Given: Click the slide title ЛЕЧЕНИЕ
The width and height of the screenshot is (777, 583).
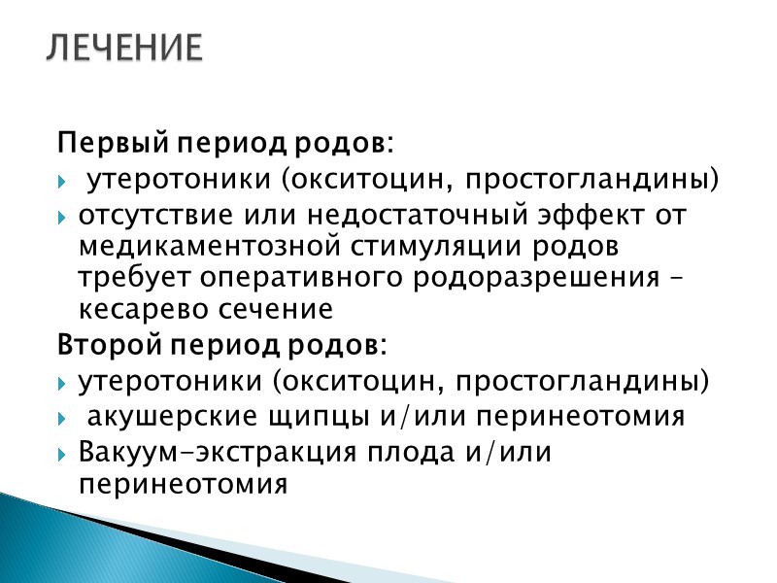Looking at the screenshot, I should click(125, 48).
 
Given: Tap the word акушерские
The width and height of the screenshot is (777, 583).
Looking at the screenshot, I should click(169, 417).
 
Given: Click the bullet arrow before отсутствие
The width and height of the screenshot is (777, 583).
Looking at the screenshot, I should click(64, 216).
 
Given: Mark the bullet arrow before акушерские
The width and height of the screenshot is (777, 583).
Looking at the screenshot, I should click(64, 418).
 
